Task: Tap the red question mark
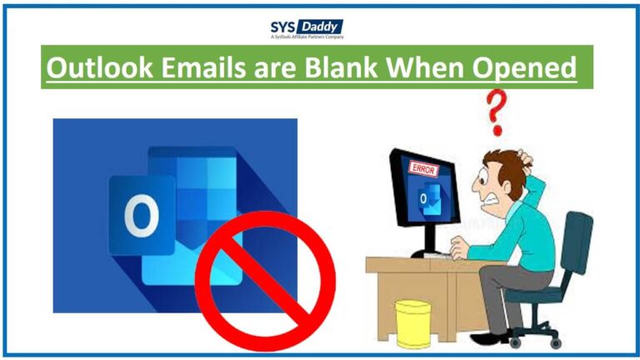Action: (x=496, y=113)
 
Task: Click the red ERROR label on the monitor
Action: (x=423, y=169)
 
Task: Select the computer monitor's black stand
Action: (x=426, y=242)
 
